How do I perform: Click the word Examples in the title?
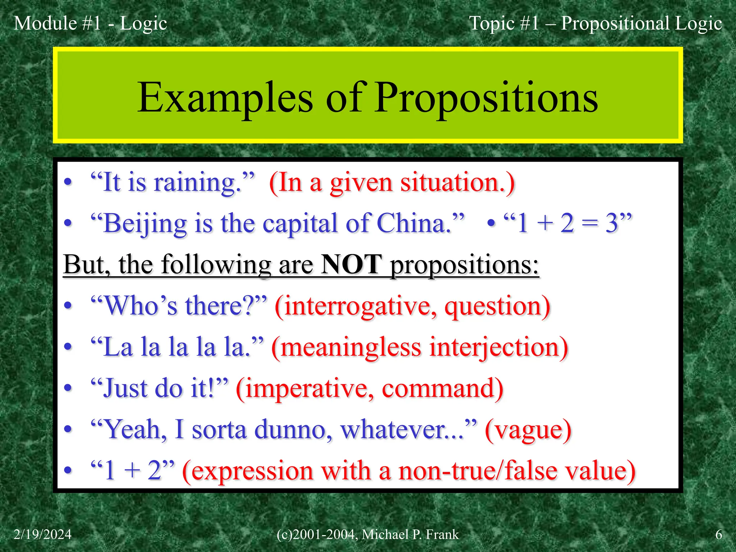tap(225, 98)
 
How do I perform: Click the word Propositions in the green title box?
tap(487, 98)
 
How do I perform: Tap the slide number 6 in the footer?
tap(718, 534)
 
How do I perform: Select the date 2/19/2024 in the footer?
tap(43, 534)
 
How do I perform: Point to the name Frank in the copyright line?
tap(442, 534)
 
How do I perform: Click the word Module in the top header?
tap(45, 23)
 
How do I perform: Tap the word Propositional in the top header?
tap(615, 23)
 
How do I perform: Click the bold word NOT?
tap(351, 265)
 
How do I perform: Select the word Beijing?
tap(145, 224)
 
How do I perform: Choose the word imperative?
tap(305, 389)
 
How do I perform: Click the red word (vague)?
tap(528, 430)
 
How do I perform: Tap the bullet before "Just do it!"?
tap(68, 389)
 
